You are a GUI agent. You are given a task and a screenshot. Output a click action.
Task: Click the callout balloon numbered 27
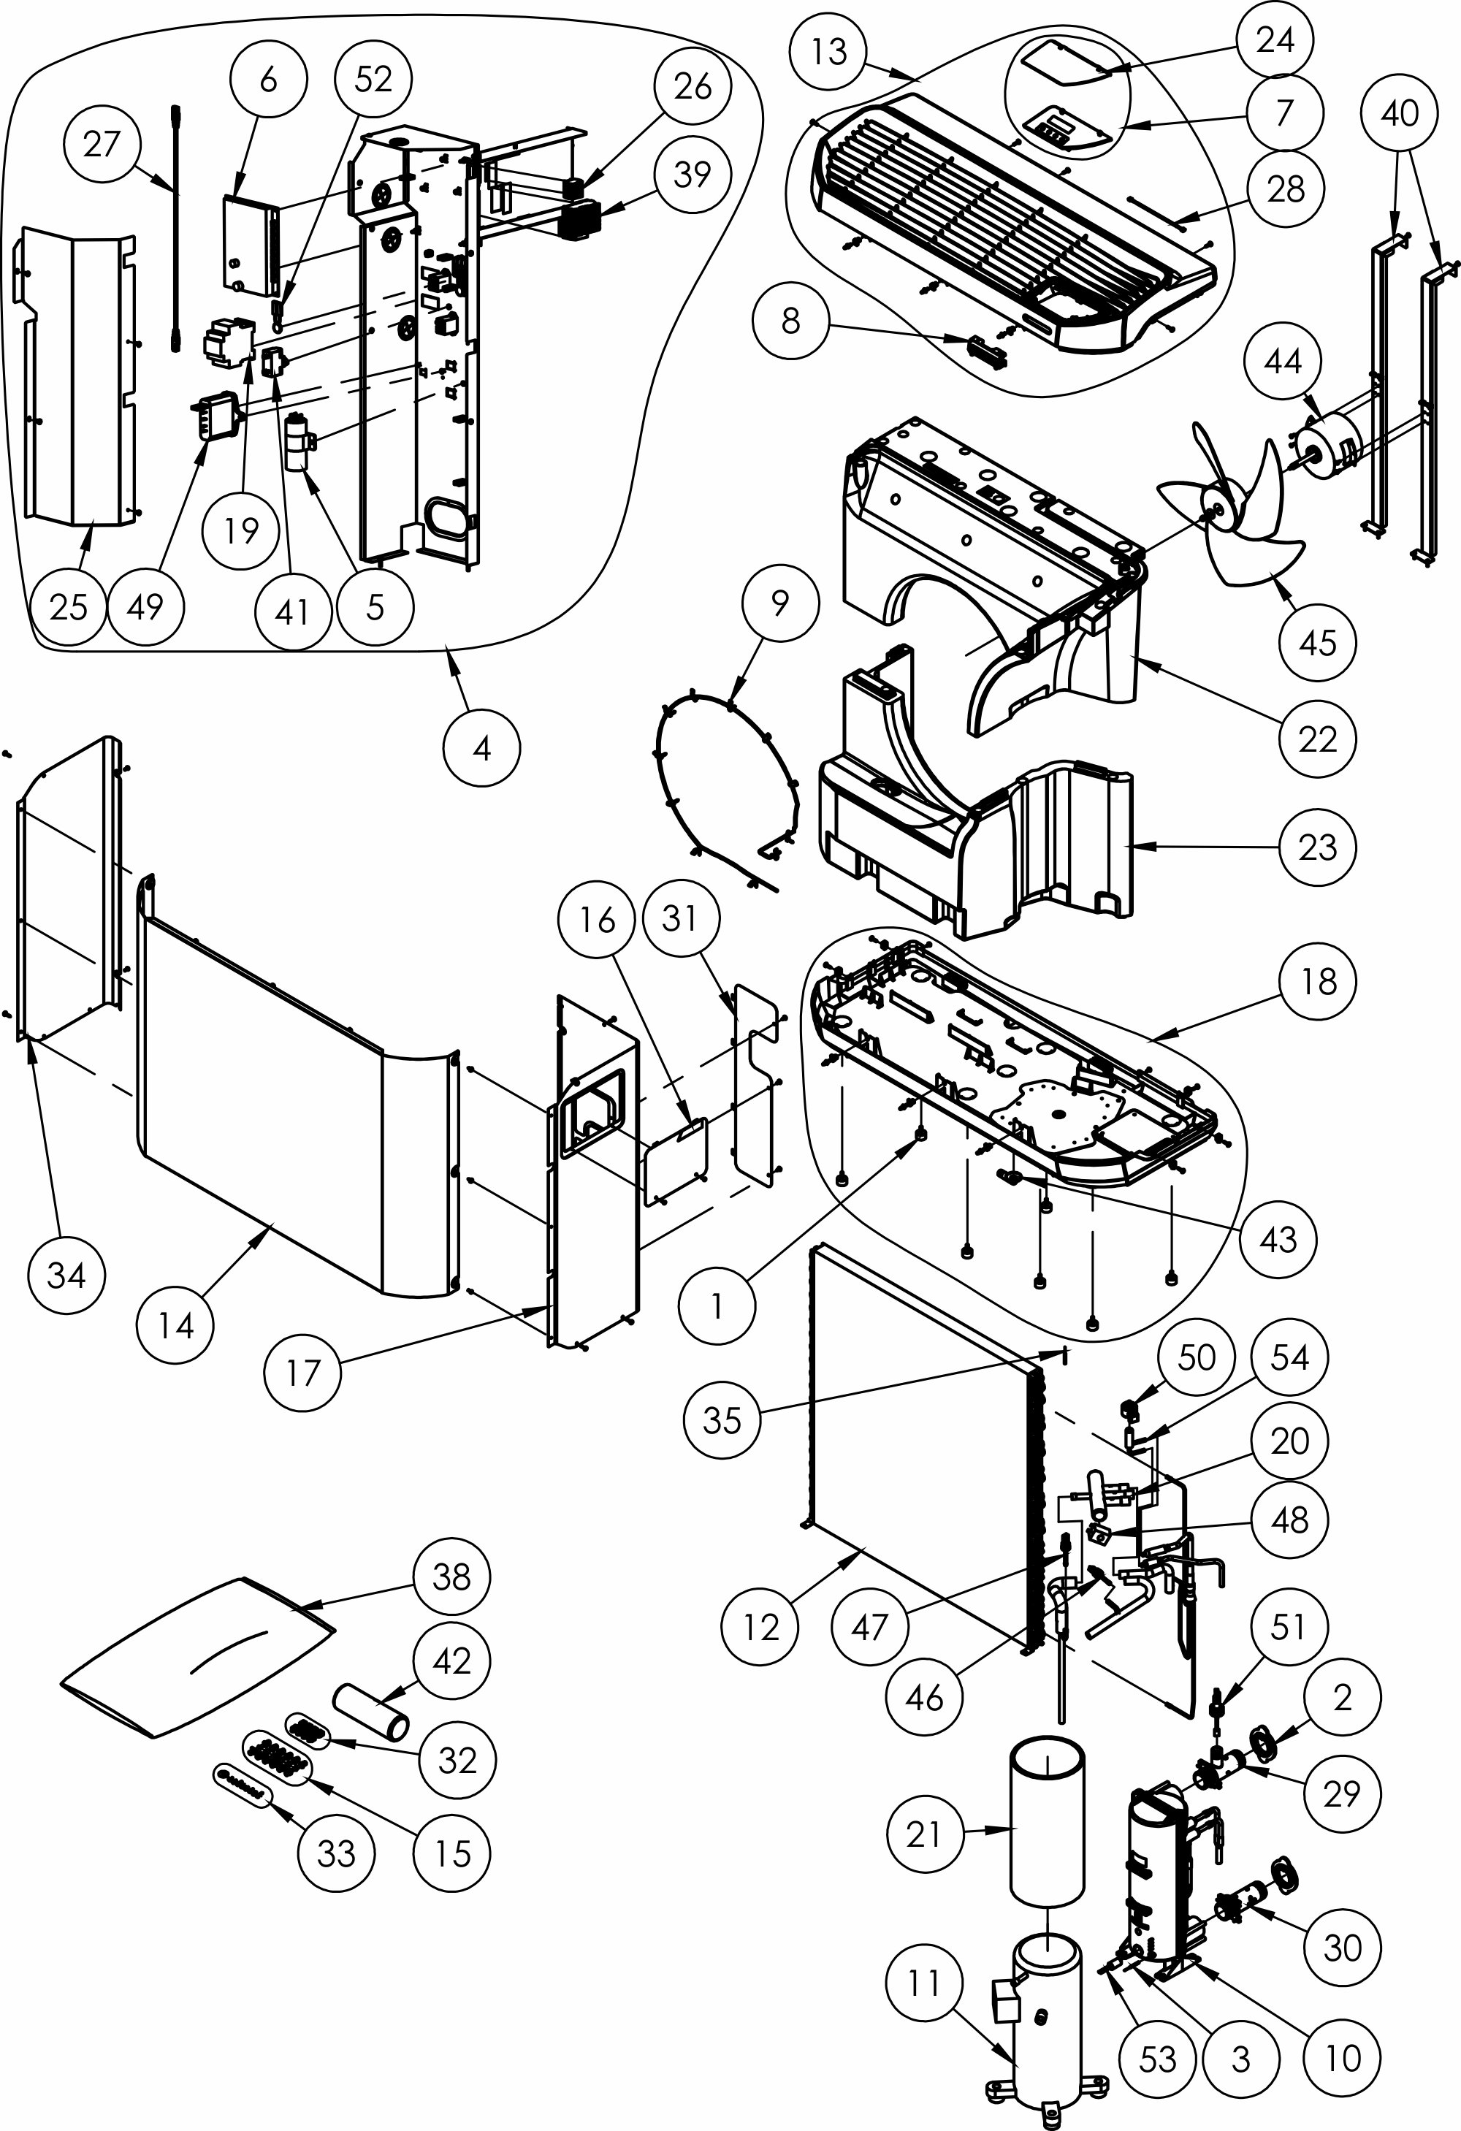(x=102, y=144)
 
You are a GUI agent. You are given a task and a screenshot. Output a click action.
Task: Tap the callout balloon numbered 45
(x=1317, y=642)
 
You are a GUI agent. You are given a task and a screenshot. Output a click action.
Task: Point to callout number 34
(x=66, y=1273)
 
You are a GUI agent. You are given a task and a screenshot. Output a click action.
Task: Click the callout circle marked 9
(x=779, y=603)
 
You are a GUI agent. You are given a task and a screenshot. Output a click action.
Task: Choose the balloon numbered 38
(x=451, y=1577)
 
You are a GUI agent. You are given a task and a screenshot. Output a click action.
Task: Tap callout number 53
(x=1157, y=2058)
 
